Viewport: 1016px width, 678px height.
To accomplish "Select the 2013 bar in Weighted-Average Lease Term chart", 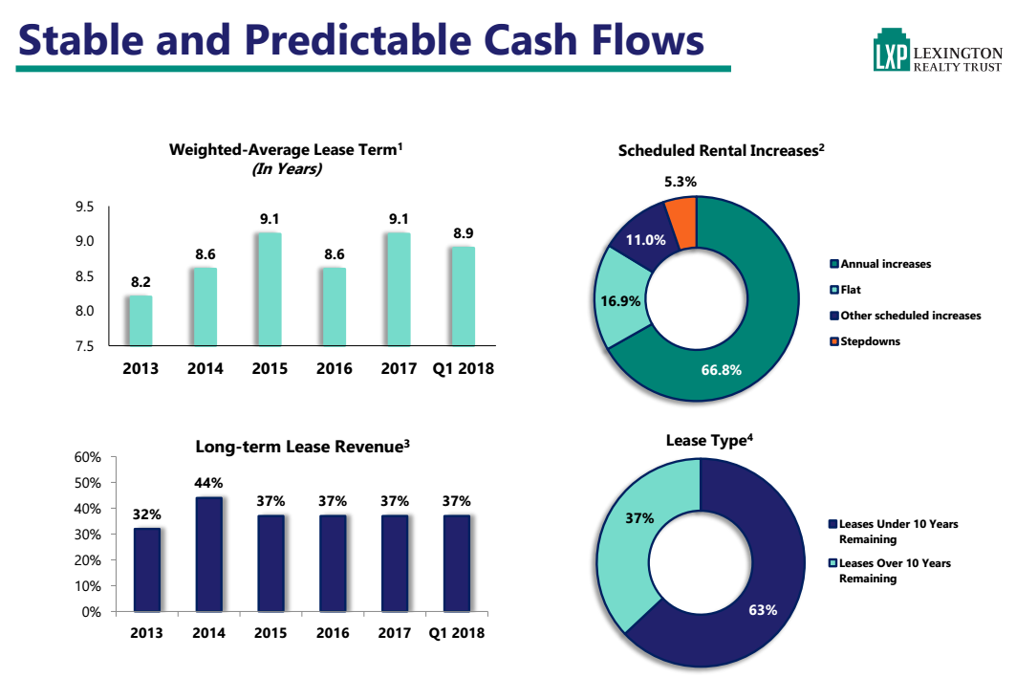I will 141,320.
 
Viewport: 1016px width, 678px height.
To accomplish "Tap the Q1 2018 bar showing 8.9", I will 463,296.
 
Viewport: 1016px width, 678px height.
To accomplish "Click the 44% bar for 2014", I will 208,555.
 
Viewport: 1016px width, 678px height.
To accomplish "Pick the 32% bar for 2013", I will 147,570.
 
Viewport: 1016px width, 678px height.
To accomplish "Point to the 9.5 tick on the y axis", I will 84,207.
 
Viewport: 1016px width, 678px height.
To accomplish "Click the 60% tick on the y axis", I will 87,457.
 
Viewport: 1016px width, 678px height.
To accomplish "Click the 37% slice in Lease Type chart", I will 636,536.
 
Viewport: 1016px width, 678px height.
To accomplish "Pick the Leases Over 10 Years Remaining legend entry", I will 893,571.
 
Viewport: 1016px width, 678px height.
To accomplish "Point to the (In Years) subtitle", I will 286,169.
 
